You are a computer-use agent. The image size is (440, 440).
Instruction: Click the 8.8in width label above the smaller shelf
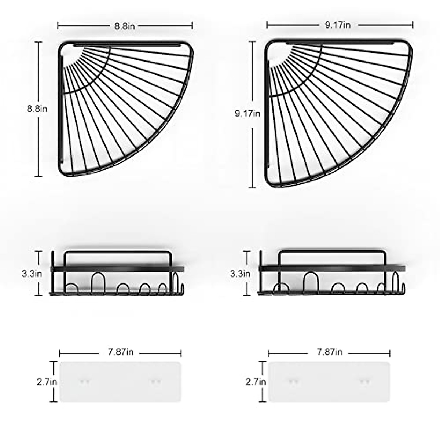[x=125, y=26]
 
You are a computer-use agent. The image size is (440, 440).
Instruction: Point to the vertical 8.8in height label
[x=37, y=109]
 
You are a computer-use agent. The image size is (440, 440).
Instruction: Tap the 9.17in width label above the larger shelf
[x=337, y=25]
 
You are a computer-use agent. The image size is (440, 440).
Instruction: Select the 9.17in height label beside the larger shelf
[x=247, y=114]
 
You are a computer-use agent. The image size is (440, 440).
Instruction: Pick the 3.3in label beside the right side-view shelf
[x=240, y=274]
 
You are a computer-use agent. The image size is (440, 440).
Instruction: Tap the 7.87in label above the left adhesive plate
[x=121, y=352]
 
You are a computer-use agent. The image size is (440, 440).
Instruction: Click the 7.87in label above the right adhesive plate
[x=329, y=352]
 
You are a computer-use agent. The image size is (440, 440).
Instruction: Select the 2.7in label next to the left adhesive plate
[x=47, y=382]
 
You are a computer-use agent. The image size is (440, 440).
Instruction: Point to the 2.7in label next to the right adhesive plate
[x=256, y=382]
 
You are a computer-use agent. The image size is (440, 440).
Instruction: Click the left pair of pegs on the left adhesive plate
[x=85, y=382]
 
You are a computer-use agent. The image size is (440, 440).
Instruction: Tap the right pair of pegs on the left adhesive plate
[x=156, y=382]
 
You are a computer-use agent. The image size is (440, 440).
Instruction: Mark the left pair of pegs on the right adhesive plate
[x=293, y=382]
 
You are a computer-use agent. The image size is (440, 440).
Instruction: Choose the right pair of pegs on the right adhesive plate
[x=364, y=382]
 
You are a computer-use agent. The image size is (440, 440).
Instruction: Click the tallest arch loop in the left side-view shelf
[x=98, y=282]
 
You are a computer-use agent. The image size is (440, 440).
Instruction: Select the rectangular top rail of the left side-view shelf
[x=117, y=252]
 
